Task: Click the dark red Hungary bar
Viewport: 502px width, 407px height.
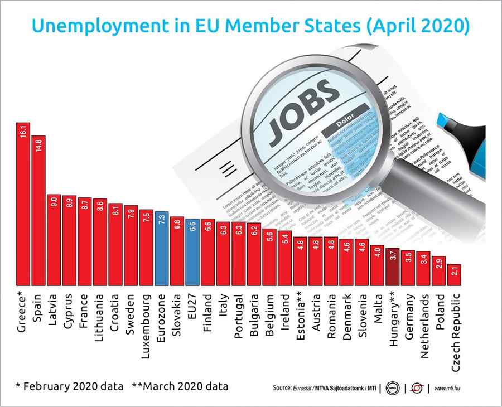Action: coord(393,267)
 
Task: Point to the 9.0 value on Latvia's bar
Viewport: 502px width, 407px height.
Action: coord(54,201)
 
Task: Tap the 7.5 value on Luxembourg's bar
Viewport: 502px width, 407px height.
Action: coord(146,216)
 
